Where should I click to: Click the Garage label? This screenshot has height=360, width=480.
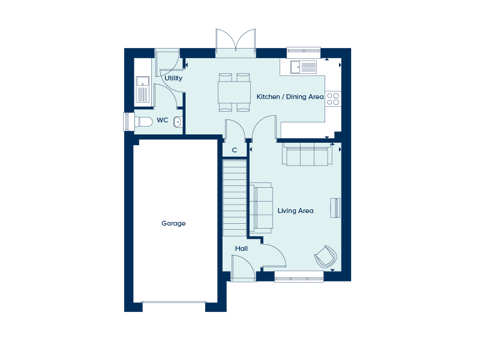(173, 223)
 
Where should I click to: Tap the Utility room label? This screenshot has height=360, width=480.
(173, 79)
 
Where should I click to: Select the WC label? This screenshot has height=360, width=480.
(162, 120)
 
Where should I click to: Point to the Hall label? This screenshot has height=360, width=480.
(241, 248)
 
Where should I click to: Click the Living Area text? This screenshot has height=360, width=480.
(295, 211)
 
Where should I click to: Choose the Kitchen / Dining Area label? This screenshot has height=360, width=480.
(290, 97)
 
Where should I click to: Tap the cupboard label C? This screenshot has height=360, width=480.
(235, 150)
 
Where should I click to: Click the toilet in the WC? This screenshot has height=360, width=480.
(143, 122)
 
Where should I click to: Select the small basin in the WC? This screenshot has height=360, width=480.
(178, 122)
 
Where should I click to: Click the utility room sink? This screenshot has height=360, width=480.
(143, 89)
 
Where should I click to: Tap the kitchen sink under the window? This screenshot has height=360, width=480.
(304, 67)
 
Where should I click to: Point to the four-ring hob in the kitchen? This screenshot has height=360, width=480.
(333, 99)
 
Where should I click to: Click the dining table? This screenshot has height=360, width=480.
(234, 92)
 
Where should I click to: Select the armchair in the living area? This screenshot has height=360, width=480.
(326, 257)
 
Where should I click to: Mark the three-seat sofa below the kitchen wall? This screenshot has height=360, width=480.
(307, 154)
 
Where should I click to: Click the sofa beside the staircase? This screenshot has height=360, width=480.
(261, 208)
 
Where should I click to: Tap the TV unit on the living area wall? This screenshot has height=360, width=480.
(335, 208)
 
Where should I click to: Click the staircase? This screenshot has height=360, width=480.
(235, 197)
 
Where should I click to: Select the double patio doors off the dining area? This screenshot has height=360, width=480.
(235, 43)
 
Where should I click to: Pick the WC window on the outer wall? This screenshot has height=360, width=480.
(128, 122)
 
